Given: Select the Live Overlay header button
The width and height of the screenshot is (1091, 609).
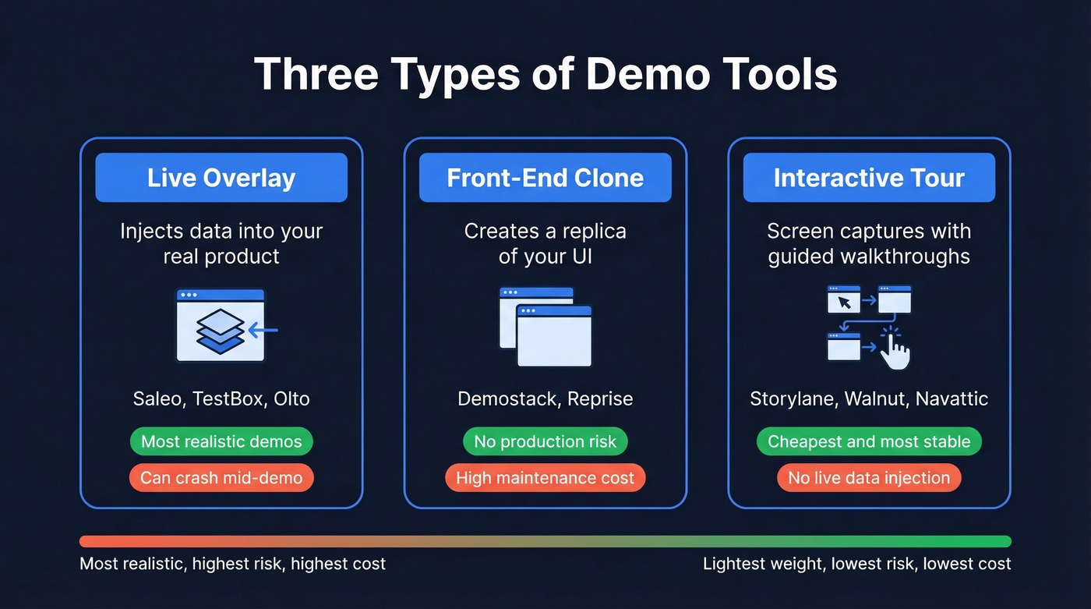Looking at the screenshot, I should click(x=221, y=178).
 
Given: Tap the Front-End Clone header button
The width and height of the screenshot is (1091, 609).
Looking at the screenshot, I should click(x=545, y=178).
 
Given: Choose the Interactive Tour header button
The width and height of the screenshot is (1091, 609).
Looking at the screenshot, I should click(x=869, y=178).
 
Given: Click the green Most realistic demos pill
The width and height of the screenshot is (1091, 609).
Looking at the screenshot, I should click(x=221, y=441).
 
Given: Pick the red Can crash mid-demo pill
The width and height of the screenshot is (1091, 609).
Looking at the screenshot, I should click(x=221, y=477).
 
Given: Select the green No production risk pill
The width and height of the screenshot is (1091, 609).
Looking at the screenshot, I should click(x=545, y=441).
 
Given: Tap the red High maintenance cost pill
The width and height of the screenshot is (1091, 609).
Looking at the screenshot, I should click(x=545, y=477).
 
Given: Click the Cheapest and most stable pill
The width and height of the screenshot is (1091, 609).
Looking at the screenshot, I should click(x=869, y=441).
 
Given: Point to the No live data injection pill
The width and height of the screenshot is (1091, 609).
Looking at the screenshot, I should click(x=869, y=477).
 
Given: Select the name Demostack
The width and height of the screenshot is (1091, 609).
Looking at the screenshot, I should click(x=507, y=399).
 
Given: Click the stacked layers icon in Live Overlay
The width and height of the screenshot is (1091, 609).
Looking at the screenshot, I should click(x=221, y=330).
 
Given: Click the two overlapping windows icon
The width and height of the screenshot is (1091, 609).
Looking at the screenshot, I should click(x=545, y=327).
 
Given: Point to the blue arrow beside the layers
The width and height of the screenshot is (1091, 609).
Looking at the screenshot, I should click(x=263, y=331).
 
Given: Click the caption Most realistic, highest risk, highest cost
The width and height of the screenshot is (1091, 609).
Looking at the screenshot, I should click(x=232, y=564).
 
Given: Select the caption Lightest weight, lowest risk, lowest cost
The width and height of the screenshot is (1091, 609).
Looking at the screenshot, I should click(x=856, y=564).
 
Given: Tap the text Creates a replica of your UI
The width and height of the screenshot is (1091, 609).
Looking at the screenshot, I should click(x=545, y=243).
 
